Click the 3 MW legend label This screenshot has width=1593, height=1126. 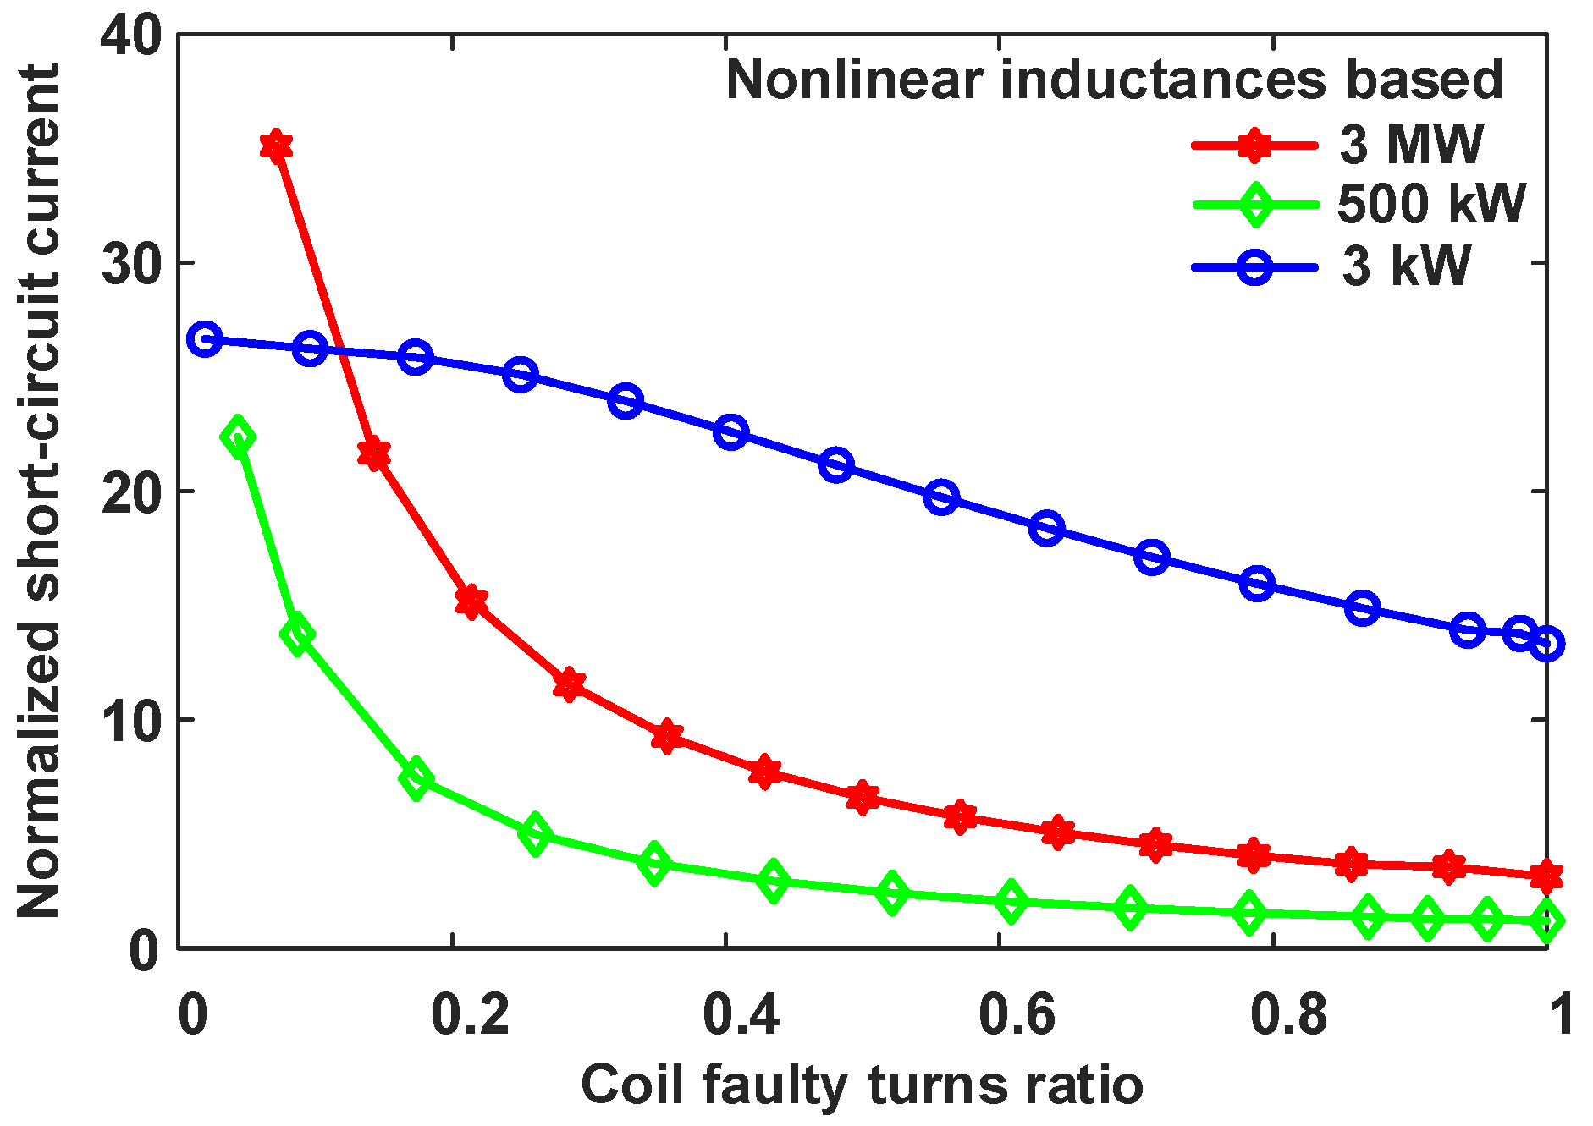click(1410, 145)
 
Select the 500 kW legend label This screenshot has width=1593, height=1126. click(1430, 204)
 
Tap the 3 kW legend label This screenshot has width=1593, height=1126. click(1406, 266)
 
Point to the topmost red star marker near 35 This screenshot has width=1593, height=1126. click(276, 146)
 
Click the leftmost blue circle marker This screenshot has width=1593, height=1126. click(205, 339)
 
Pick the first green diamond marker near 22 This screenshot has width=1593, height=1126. click(238, 437)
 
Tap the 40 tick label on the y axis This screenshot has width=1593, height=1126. click(130, 37)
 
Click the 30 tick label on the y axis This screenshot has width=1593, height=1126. click(130, 264)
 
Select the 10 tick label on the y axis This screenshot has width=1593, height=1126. click(130, 720)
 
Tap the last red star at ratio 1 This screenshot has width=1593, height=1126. click(1546, 876)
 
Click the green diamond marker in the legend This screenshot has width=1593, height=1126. click(1255, 205)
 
